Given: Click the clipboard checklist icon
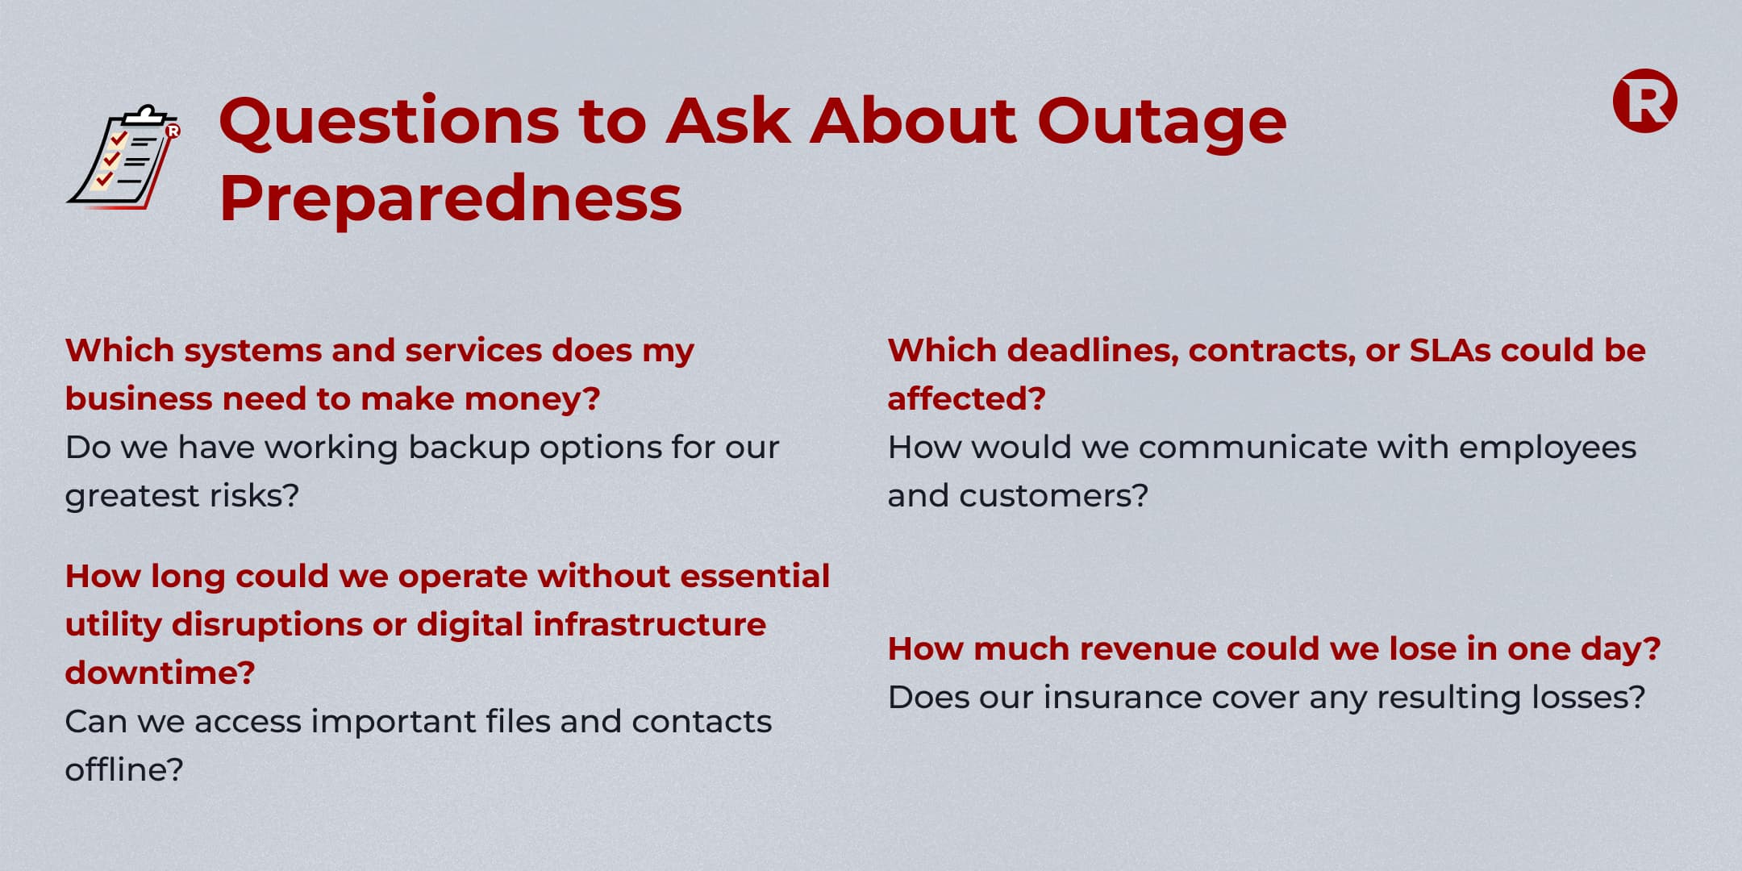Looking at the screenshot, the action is point(123,157).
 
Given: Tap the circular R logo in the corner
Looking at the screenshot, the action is point(1644,101).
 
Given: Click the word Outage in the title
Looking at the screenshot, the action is point(1162,123).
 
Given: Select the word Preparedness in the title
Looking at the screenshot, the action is point(451,199).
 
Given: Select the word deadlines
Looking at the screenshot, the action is point(1093,351).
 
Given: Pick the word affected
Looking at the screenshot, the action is point(966,398).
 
